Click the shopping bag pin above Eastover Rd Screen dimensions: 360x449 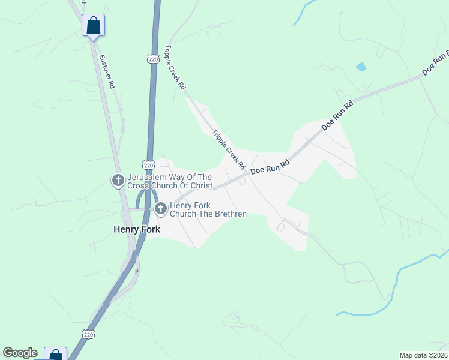click(93, 26)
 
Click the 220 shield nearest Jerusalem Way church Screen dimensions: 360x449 click(149, 165)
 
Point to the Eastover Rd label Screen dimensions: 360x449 click(107, 72)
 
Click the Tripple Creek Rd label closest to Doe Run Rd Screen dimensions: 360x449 click(229, 149)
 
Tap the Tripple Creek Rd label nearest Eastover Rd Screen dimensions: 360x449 click(175, 68)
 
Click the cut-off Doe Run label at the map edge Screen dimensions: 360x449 click(436, 63)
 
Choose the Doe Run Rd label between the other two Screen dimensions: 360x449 click(337, 116)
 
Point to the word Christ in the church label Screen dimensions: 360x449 click(199, 186)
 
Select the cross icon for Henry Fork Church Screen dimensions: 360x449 click(160, 209)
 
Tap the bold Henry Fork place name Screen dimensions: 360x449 click(137, 229)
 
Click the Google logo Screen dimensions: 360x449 click(20, 353)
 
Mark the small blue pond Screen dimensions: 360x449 click(361, 67)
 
